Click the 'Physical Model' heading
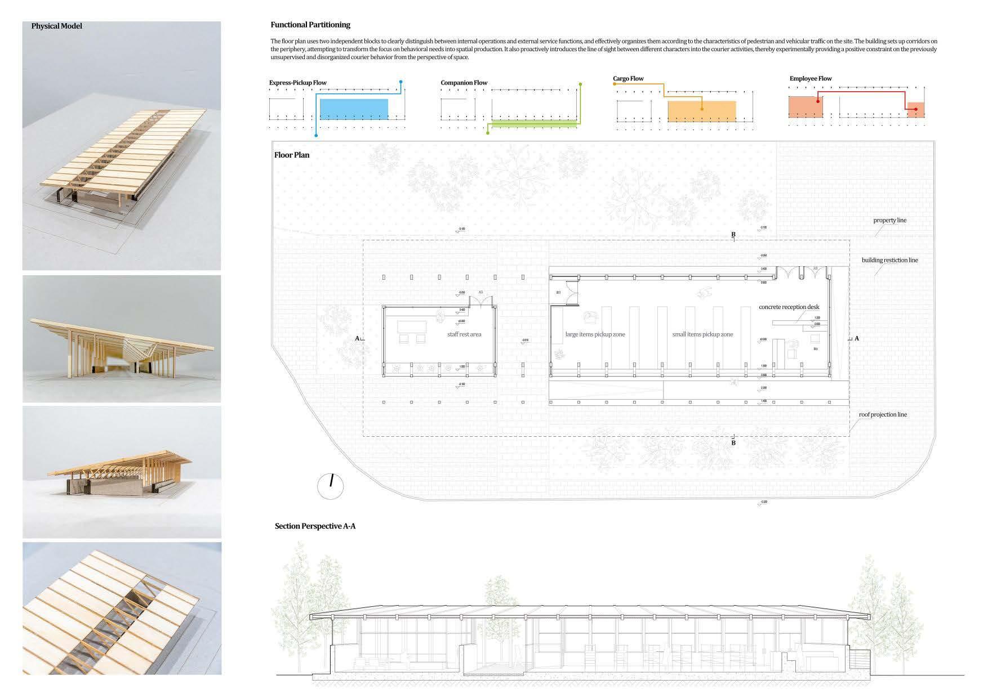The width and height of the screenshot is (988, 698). (x=56, y=26)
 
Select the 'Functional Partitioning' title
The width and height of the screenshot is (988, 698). (x=310, y=25)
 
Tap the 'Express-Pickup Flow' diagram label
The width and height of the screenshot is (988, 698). (x=297, y=83)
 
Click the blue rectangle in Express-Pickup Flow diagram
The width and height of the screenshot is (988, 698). (x=354, y=109)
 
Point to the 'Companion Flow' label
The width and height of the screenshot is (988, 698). (x=464, y=83)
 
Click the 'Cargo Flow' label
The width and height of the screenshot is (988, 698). (x=628, y=79)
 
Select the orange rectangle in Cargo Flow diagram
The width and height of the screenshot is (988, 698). (x=701, y=111)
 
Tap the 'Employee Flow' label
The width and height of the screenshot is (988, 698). (x=811, y=79)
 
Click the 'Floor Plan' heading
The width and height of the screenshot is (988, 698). (x=292, y=155)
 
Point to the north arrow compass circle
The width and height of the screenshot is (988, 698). (x=331, y=485)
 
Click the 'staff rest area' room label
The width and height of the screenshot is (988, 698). (x=464, y=334)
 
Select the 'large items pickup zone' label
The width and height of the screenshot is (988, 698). (x=595, y=334)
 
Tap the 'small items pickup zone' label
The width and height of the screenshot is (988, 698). (x=702, y=334)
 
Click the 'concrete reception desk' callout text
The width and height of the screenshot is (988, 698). (x=789, y=307)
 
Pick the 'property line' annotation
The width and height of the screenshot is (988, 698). (x=890, y=220)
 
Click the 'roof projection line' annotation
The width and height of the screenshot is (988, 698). (x=883, y=414)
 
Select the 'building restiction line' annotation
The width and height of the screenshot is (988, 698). (x=889, y=260)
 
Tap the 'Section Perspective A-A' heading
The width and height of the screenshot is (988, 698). (x=315, y=526)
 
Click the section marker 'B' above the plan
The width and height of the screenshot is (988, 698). (x=733, y=234)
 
